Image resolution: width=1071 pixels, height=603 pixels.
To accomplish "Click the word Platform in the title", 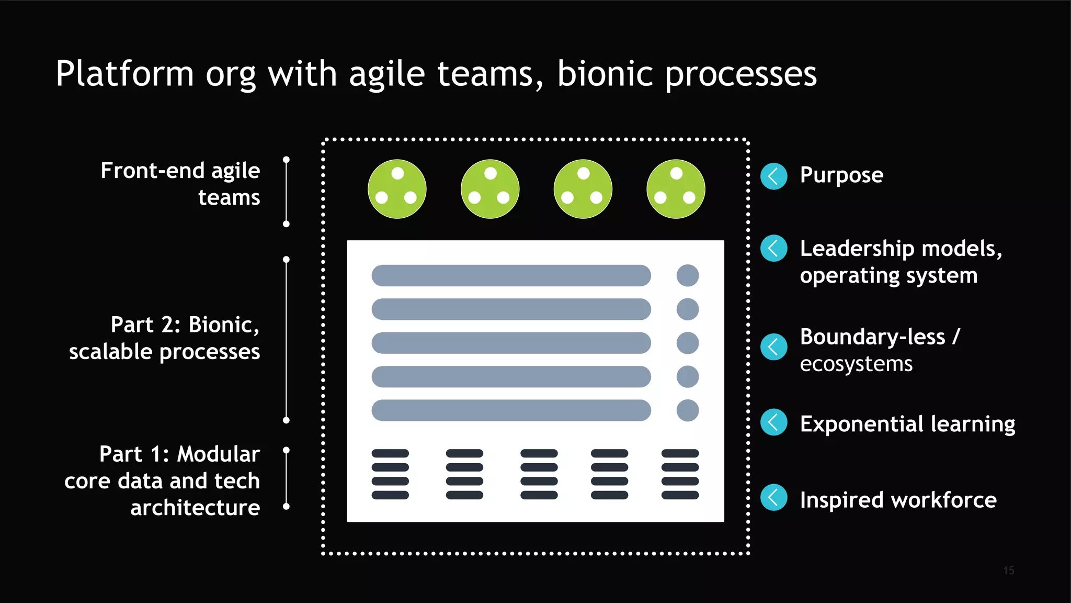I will point(124,73).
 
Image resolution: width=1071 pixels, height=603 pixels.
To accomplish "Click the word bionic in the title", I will point(605,73).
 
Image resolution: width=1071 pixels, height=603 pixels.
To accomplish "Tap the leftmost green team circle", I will point(397,189).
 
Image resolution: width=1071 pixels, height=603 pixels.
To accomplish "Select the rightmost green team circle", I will point(676,189).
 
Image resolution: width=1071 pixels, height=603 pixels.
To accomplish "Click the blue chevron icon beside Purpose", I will point(774,176).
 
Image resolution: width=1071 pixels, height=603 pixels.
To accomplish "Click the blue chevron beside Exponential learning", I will point(774,422).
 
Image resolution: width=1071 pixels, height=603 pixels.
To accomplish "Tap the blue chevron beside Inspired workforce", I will point(774,497).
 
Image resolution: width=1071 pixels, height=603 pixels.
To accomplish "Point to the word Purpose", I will point(841,175).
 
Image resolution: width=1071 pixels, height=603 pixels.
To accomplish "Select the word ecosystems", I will point(856,364).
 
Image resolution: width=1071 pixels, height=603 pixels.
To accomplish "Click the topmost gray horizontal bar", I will point(511,275).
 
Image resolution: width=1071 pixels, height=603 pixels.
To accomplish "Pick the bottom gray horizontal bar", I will point(511,410).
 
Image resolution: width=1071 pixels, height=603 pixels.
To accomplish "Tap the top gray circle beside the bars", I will point(687,275).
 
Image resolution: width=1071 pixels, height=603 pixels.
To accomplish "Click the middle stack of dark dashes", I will point(539,474).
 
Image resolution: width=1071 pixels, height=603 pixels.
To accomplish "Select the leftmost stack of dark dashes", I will point(390,474).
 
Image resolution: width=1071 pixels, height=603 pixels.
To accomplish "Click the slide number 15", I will point(1009,571).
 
